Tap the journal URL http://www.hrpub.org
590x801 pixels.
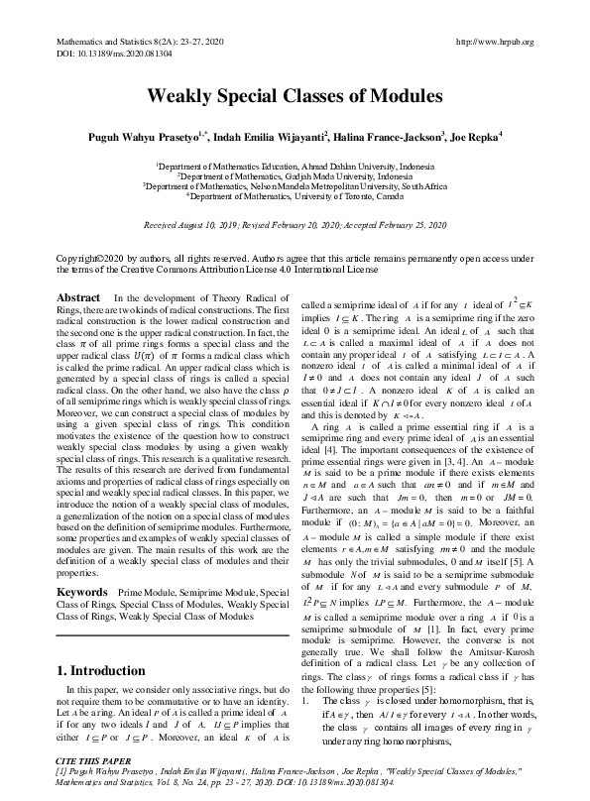(x=494, y=42)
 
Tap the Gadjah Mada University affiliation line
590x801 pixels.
(x=295, y=177)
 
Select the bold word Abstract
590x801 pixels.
(x=78, y=298)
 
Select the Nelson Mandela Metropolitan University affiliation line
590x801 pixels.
(x=295, y=185)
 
